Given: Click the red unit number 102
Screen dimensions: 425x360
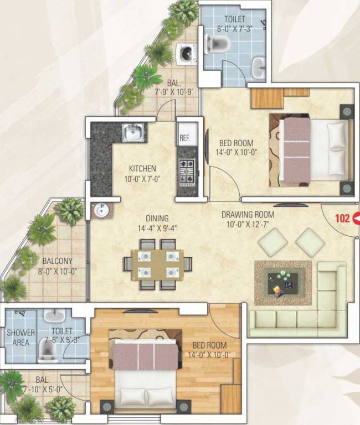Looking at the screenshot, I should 343,218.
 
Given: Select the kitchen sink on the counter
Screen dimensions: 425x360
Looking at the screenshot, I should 133,132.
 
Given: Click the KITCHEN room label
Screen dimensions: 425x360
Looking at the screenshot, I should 142,168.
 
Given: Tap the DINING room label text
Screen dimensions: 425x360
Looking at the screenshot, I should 157,218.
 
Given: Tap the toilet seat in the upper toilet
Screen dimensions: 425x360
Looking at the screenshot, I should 215,44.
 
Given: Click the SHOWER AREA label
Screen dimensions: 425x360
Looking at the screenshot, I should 20,338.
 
